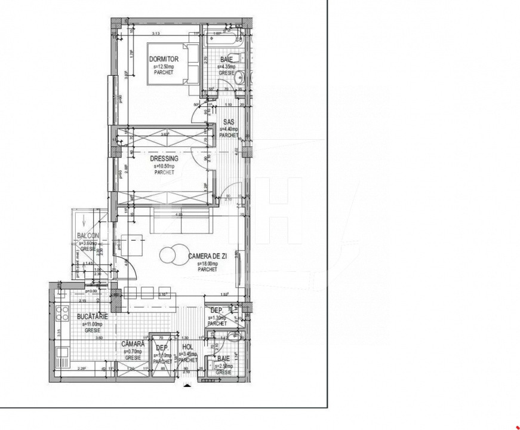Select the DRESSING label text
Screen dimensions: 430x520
point(164,159)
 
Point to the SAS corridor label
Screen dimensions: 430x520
point(228,122)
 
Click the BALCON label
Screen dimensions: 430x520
point(88,235)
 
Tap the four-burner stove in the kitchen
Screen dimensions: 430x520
point(61,313)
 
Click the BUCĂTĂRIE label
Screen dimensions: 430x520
point(93,317)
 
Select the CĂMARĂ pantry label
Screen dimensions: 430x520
point(131,344)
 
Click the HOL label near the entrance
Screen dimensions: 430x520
point(187,346)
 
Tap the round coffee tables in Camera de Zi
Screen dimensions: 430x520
point(171,255)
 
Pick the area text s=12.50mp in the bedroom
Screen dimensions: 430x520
point(164,67)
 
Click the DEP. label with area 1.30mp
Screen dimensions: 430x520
point(217,311)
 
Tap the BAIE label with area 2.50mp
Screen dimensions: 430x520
point(223,359)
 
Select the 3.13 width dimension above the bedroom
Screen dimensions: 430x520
point(156,33)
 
